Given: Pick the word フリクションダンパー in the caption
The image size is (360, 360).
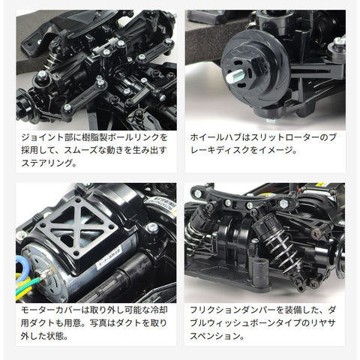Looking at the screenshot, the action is pyautogui.click(x=233, y=310).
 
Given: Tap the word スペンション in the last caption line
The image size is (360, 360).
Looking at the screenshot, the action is pyautogui.click(x=213, y=336).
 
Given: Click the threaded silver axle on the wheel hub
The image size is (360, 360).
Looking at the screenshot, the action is pyautogui.click(x=235, y=76).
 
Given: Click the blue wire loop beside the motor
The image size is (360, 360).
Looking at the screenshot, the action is pyautogui.click(x=20, y=265).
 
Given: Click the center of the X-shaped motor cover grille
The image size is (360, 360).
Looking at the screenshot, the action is pyautogui.click(x=77, y=230).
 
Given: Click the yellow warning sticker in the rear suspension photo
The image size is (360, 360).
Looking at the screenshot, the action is pyautogui.click(x=319, y=185).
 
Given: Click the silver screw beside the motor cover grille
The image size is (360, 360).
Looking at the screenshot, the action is pyautogui.click(x=151, y=227).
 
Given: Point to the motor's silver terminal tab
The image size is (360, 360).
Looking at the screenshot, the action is pyautogui.click(x=46, y=274).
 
